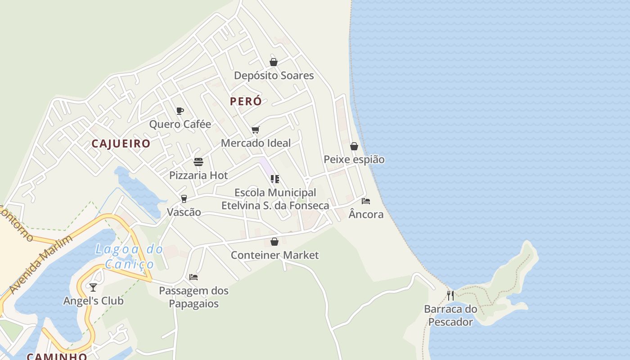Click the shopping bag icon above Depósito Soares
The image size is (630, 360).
tap(274, 62)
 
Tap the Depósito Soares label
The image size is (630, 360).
tap(274, 75)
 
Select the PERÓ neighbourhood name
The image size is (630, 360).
tap(246, 101)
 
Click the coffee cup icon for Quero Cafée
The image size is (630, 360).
tap(180, 111)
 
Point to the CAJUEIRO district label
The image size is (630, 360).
tap(121, 144)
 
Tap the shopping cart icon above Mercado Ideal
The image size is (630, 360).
tap(256, 130)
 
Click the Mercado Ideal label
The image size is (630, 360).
tap(256, 143)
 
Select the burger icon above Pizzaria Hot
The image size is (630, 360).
tap(198, 162)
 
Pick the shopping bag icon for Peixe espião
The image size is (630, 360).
tap(354, 146)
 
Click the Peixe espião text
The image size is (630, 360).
tap(354, 159)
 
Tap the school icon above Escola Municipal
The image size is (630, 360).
tap(275, 179)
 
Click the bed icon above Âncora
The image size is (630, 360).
tap(366, 201)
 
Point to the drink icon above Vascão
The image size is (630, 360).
tap(184, 199)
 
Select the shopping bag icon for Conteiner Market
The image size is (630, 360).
tap(274, 242)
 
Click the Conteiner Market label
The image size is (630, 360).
tap(274, 255)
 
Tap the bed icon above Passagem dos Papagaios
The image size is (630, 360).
tap(193, 277)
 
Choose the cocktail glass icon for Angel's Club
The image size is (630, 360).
tap(93, 287)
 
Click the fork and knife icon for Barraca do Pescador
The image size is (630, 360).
tap(450, 296)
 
